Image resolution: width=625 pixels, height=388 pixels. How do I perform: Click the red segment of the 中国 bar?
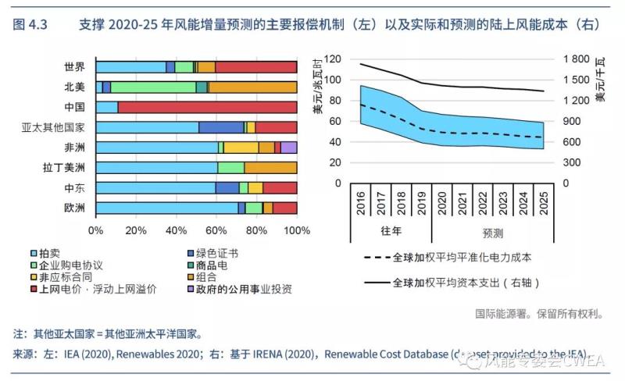(207, 107)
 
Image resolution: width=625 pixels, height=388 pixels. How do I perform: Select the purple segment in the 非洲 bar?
(288, 148)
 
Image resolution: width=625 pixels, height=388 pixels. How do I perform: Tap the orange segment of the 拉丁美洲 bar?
(270, 167)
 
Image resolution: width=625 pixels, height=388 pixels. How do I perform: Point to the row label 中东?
(75, 187)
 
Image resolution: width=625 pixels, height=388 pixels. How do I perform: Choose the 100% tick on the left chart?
(296, 231)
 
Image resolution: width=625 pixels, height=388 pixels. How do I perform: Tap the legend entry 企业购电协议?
(72, 265)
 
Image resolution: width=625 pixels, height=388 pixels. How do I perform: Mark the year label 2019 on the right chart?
(423, 201)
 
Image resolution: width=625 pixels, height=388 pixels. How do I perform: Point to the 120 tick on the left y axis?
(332, 59)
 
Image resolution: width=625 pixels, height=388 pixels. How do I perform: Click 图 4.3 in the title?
(30, 25)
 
